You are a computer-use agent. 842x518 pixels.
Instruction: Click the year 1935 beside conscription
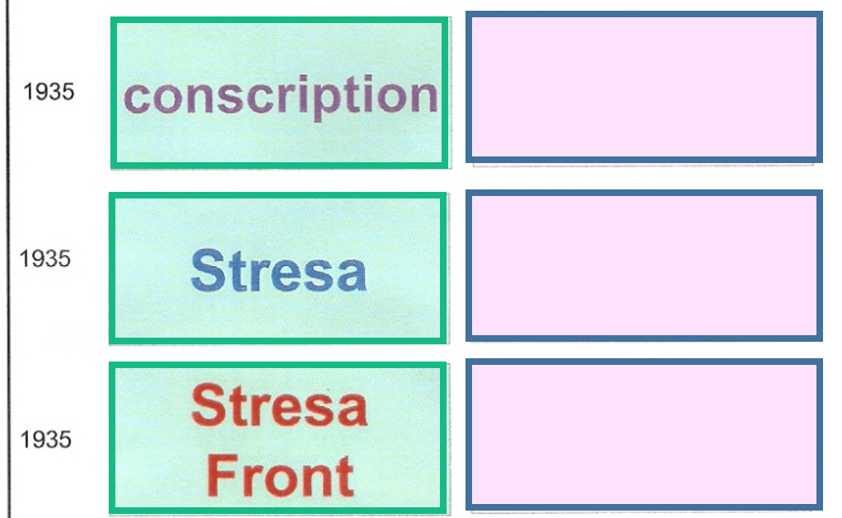point(49,91)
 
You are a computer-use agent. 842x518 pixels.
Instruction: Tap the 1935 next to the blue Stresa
point(45,259)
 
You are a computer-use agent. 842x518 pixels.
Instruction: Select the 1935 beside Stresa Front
point(45,439)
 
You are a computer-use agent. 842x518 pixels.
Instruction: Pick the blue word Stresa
point(278,270)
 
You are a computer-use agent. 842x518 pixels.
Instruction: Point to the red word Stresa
point(278,405)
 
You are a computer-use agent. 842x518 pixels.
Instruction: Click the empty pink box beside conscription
point(643,87)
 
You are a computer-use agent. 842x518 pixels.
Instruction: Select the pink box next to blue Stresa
point(643,264)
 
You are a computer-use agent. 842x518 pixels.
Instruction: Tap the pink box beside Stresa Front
point(643,434)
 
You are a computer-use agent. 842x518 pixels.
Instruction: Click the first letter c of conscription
point(136,97)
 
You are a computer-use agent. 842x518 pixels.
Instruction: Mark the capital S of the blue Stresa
point(207,270)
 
